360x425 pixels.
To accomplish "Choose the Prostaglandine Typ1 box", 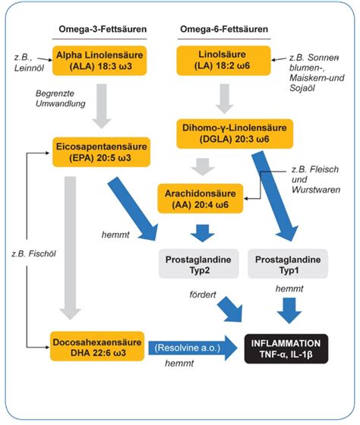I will point(286,265).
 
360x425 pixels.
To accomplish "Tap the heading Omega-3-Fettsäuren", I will point(103,29).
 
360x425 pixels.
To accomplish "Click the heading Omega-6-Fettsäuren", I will point(223,29).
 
